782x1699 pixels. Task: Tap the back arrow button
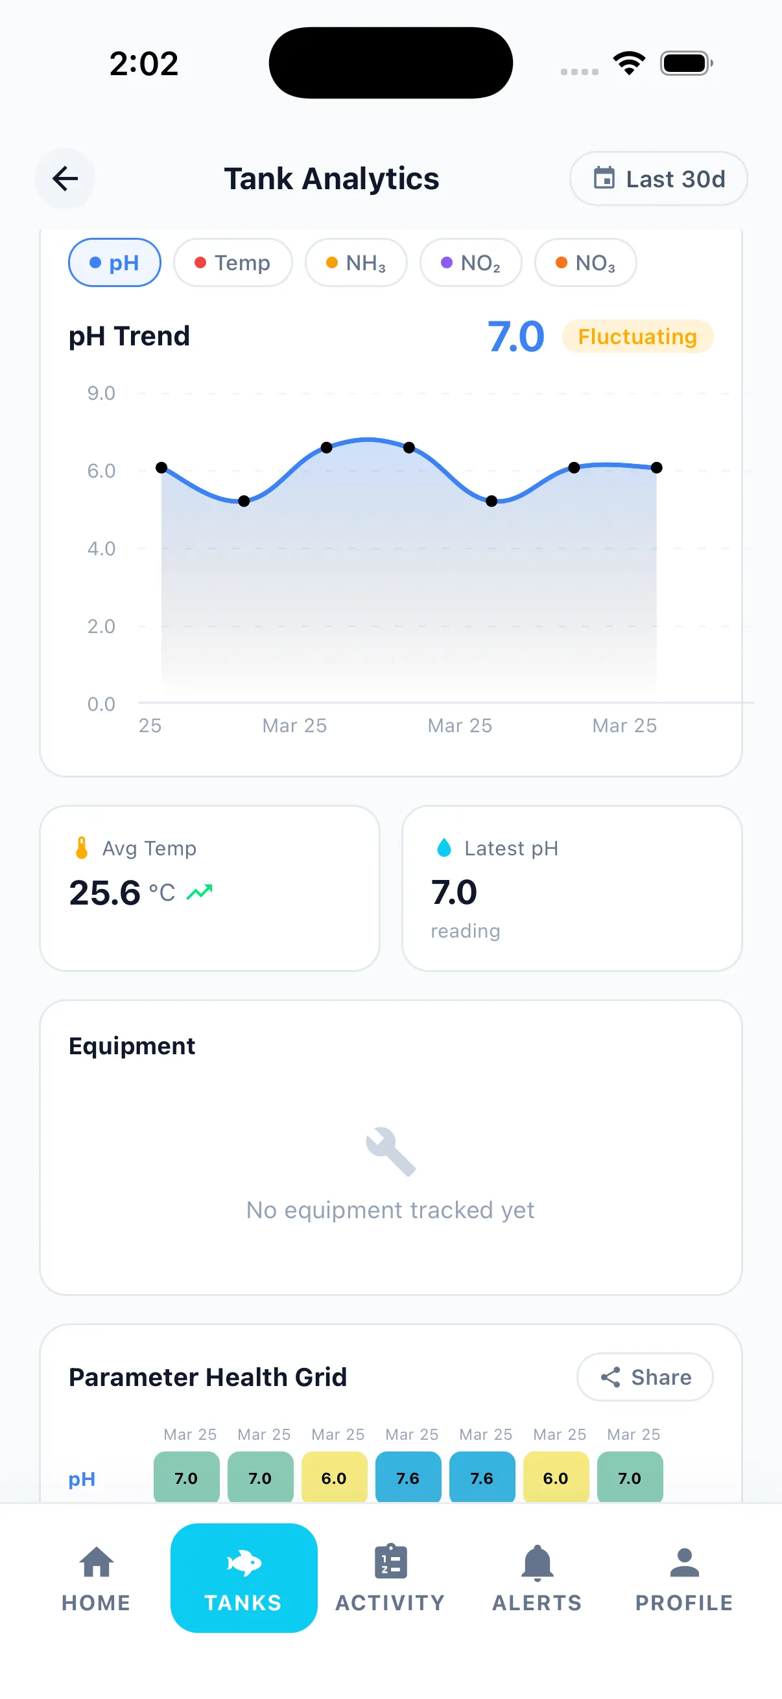tap(65, 178)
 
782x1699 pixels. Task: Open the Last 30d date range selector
tap(658, 179)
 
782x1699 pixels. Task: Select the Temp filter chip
tap(233, 262)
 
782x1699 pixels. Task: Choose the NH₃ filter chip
tap(356, 262)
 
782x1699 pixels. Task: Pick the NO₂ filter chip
tap(471, 262)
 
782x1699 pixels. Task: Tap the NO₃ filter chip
tap(586, 262)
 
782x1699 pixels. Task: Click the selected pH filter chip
tap(115, 262)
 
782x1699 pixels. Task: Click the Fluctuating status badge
tap(637, 336)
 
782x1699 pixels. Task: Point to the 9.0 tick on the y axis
tap(101, 393)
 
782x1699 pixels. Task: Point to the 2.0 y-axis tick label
tap(101, 626)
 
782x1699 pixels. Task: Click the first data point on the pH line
tap(161, 468)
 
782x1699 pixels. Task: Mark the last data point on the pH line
tap(657, 468)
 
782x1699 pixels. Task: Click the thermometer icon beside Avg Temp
tap(82, 848)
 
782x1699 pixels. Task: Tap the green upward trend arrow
tap(199, 892)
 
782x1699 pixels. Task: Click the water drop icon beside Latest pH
tap(444, 848)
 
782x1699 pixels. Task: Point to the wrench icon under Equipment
tap(390, 1151)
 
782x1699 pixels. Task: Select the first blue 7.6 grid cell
tap(409, 1478)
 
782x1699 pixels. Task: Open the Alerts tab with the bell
tap(537, 1578)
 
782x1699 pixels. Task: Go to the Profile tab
tap(684, 1578)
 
